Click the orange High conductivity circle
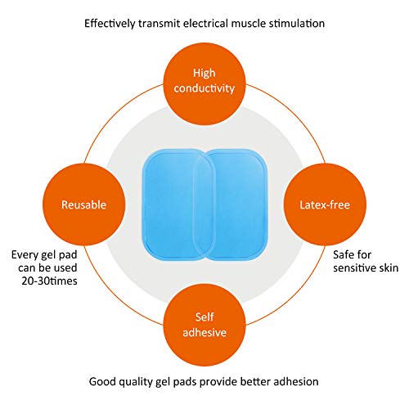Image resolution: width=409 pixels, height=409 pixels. [204, 84]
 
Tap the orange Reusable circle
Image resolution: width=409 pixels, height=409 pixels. [84, 204]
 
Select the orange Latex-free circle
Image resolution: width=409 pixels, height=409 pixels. [325, 204]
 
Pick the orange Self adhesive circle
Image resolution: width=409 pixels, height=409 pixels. [204, 325]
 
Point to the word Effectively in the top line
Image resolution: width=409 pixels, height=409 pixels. [110, 24]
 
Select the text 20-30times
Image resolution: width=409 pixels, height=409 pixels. [49, 281]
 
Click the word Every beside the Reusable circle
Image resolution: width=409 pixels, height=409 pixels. [25, 255]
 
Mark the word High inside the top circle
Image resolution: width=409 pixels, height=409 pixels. [204, 73]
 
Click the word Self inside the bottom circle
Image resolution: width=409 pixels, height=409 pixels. [204, 317]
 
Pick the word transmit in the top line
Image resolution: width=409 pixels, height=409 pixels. [160, 24]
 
